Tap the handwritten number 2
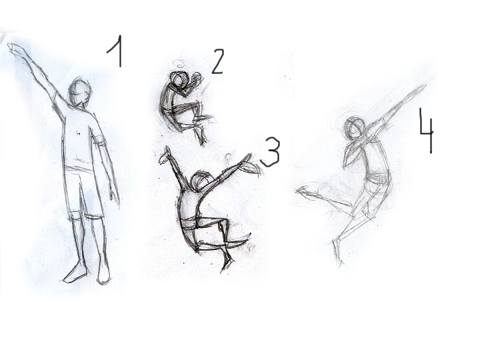(218, 61)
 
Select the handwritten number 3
(271, 152)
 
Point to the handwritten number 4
(427, 131)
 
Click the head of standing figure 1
(79, 92)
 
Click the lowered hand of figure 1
(113, 192)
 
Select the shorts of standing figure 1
(83, 193)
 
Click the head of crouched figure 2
(179, 79)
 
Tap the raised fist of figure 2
(196, 78)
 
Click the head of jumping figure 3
(201, 181)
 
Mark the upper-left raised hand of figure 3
(165, 155)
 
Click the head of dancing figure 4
(355, 129)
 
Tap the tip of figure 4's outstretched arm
(424, 86)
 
